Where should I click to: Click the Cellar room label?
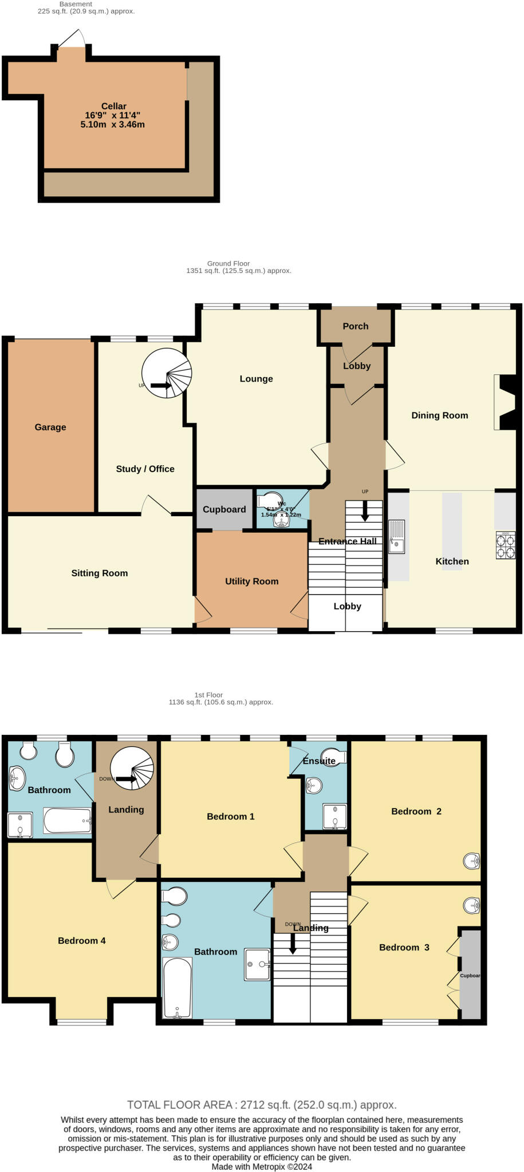tap(113, 106)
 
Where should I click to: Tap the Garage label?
tap(50, 427)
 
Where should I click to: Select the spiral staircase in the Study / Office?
tap(167, 373)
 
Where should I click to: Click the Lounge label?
tap(256, 379)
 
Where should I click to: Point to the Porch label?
tap(355, 326)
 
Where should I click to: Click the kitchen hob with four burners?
tap(505, 545)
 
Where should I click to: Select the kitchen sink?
tap(396, 536)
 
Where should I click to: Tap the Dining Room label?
tap(439, 415)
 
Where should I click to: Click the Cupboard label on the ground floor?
tap(224, 509)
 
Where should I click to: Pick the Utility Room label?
tap(251, 581)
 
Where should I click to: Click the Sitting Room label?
tap(99, 573)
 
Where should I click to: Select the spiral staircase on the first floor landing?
tap(132, 770)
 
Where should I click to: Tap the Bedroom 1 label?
tap(230, 817)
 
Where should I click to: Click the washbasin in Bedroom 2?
tap(472, 861)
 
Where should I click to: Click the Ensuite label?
tap(319, 761)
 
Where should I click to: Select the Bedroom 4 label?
tap(81, 941)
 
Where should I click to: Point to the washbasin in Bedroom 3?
tap(471, 905)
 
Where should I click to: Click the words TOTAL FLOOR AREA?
tap(179, 1105)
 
